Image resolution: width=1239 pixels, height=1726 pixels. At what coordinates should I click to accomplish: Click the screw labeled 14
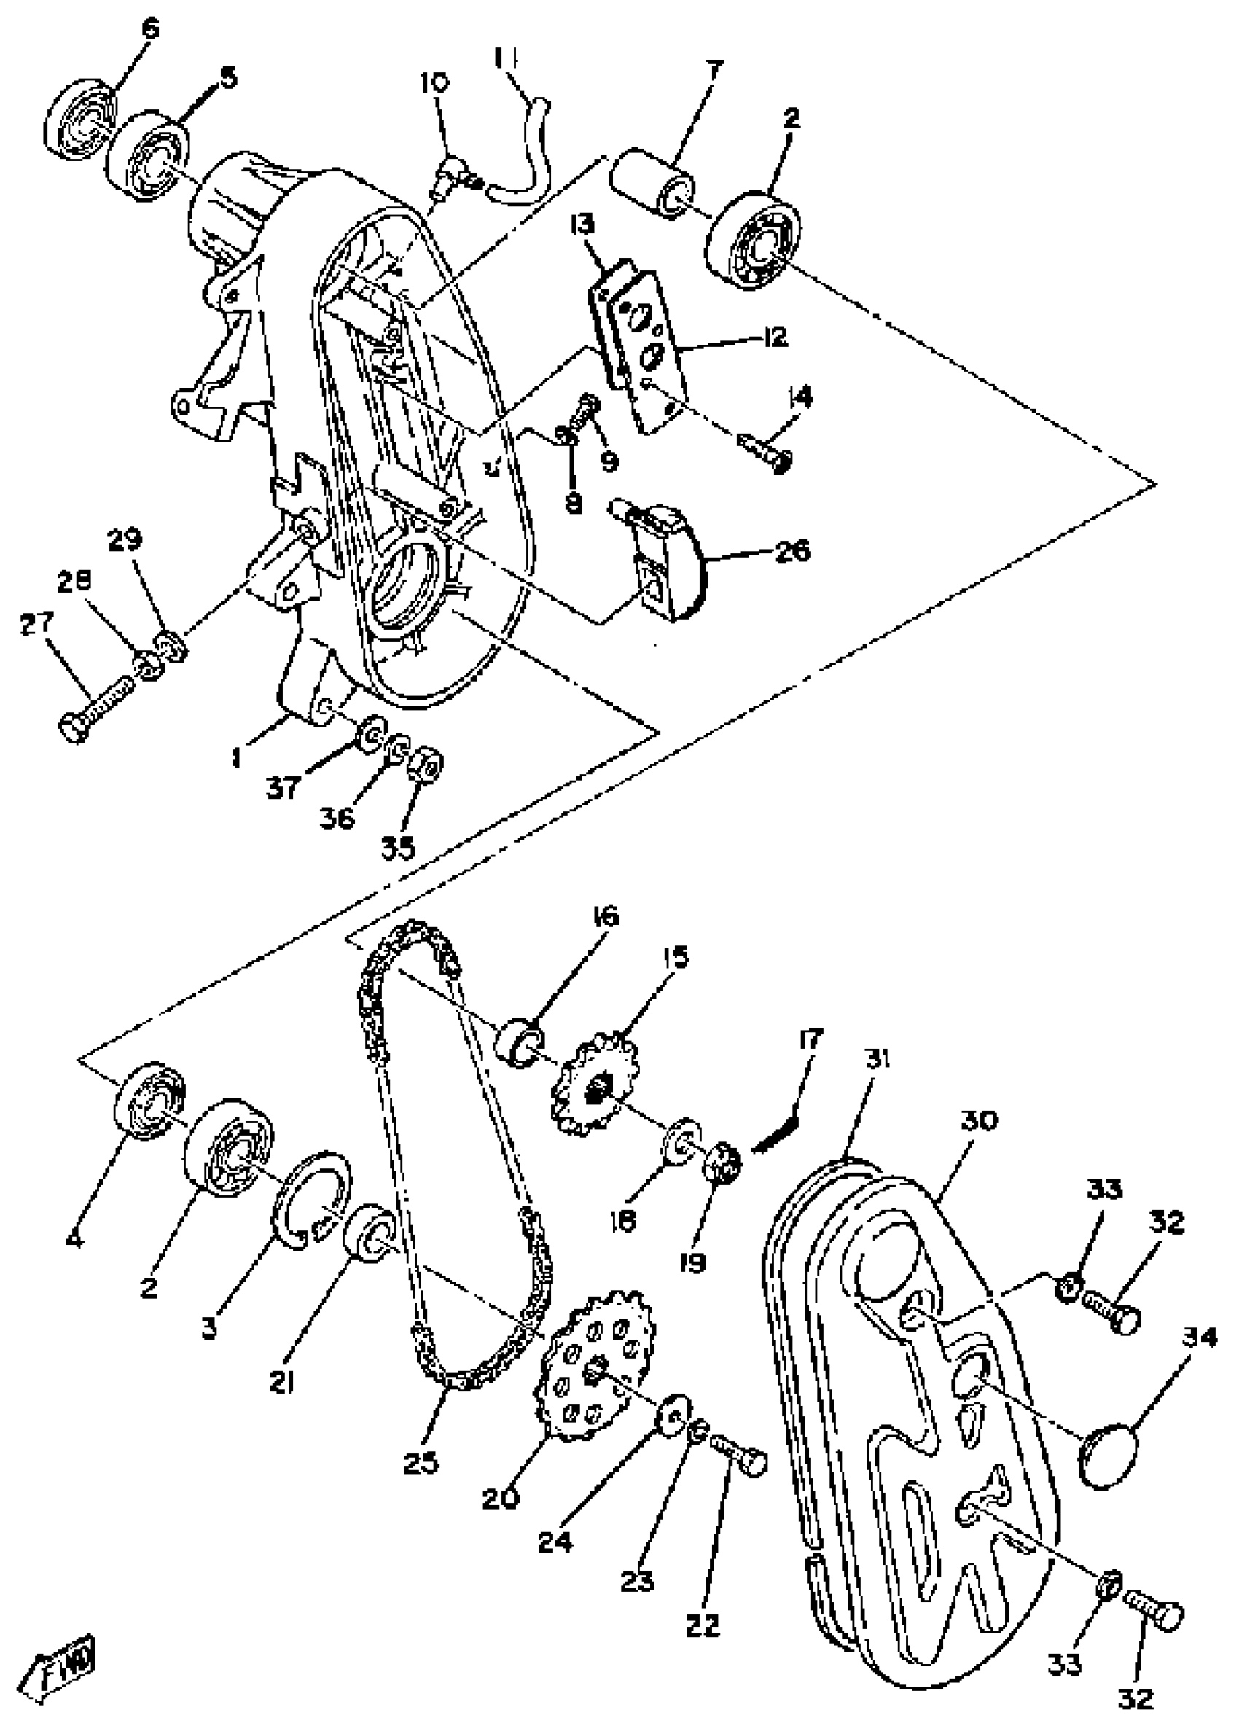765,452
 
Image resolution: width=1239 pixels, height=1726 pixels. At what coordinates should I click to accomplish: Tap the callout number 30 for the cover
978,1120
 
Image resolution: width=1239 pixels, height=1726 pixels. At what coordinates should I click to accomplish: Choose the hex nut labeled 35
426,763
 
